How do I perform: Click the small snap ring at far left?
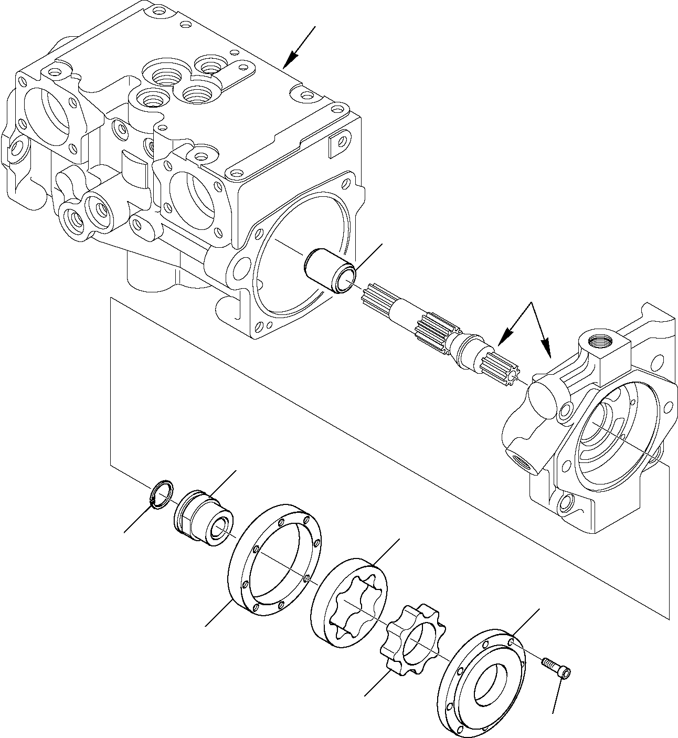[x=161, y=494]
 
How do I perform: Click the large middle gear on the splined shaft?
[x=434, y=330]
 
